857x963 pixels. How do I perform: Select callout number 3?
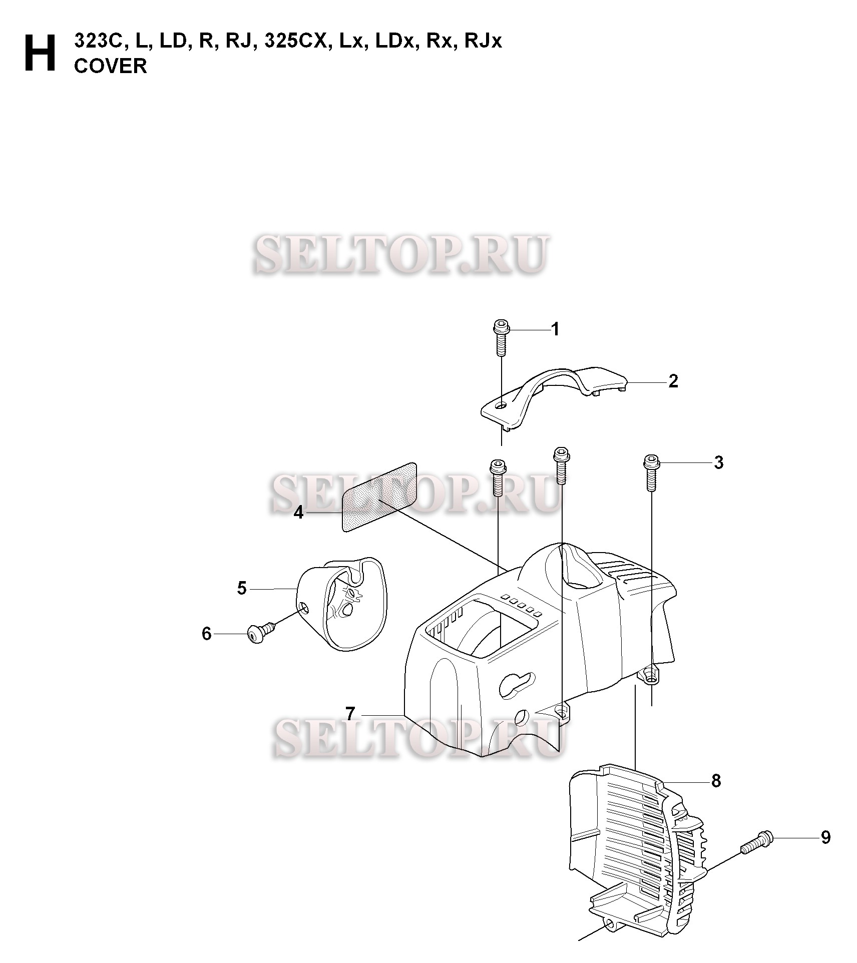[718, 462]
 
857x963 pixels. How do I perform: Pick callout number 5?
[242, 588]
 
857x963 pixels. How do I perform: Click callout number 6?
[207, 634]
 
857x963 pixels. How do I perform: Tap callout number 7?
[350, 713]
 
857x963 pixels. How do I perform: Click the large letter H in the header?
[40, 54]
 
